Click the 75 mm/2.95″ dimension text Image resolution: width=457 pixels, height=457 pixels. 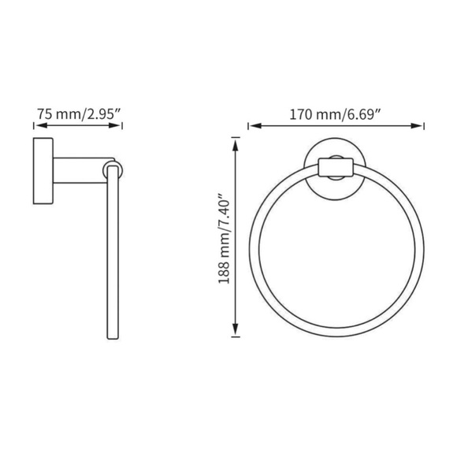click(79, 113)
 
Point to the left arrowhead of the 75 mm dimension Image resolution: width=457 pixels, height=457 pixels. click(37, 125)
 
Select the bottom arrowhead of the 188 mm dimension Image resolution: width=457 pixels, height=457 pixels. click(235, 334)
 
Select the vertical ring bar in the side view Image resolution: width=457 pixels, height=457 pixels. click(112, 252)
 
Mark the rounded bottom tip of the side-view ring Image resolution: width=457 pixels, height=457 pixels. click(112, 337)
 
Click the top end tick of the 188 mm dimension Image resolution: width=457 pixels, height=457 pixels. click(235, 137)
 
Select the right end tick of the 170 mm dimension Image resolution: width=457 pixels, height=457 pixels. click(425, 125)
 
